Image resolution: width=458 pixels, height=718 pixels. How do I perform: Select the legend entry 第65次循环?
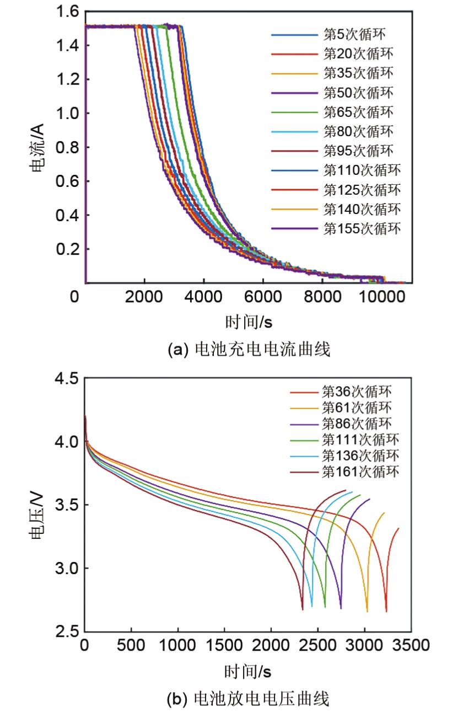tap(358, 112)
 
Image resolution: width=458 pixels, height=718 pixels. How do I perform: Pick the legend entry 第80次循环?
tap(358, 131)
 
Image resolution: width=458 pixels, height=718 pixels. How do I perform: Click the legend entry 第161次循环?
tap(360, 471)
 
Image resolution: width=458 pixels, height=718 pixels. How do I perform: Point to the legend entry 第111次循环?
tap(360, 440)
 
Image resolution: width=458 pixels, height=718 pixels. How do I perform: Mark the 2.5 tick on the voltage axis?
tap(66, 632)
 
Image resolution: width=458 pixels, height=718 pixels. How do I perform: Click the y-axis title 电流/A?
tap(38, 148)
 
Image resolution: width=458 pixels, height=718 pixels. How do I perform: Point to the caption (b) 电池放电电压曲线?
tap(247, 700)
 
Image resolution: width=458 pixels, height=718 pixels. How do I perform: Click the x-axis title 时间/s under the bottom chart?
tap(247, 671)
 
